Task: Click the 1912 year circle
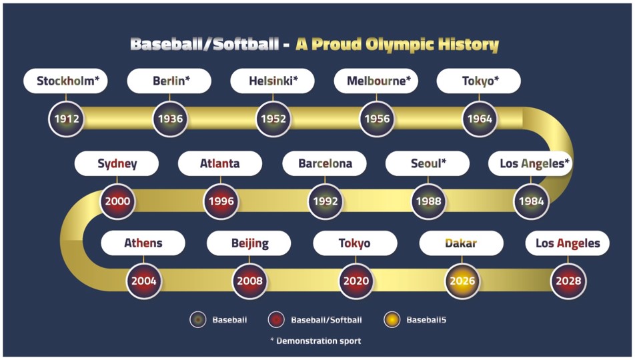tap(67, 119)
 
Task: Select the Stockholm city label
tap(65, 81)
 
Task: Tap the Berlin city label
tap(169, 81)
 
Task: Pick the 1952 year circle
tap(273, 119)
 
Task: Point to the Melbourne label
tap(376, 81)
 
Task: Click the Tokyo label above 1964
tap(479, 81)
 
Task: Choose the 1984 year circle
tap(532, 201)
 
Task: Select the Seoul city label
tap(428, 163)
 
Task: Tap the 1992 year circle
tap(326, 201)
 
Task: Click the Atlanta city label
tap(220, 163)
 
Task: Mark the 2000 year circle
tap(117, 201)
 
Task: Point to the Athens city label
tap(143, 243)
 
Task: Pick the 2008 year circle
tap(249, 281)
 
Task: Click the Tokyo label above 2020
tap(355, 243)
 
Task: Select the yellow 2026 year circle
tap(462, 281)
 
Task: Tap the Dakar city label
tap(462, 243)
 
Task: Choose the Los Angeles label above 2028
tap(568, 243)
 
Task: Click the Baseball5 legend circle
tap(392, 320)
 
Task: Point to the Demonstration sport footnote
tap(315, 341)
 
